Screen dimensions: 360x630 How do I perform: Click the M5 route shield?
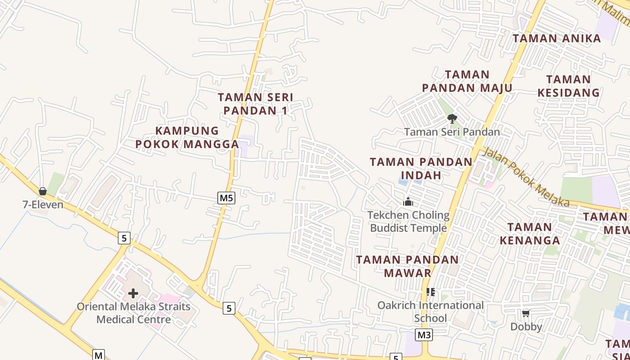226,198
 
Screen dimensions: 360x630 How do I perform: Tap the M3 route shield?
424,335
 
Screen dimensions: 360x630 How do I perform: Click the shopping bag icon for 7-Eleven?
43,191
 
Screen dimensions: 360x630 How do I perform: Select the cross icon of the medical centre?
133,293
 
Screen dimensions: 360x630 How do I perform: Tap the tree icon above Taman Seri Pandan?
452,119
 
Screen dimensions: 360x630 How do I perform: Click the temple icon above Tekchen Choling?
408,202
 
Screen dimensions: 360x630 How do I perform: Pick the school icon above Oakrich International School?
431,292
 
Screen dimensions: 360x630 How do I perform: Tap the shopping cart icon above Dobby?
526,313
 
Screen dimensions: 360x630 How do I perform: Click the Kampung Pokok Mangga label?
187,137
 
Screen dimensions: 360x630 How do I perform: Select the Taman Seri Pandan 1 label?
255,103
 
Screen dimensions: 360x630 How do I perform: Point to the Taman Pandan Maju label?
467,81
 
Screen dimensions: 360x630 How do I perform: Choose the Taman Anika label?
557,38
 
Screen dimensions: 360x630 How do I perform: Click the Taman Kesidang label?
568,86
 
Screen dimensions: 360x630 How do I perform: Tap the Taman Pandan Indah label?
421,168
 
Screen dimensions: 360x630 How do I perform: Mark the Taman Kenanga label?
530,233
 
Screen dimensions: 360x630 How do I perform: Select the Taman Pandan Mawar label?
407,266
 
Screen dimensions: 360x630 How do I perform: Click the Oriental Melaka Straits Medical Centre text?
134,313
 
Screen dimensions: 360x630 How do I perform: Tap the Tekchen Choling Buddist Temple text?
408,221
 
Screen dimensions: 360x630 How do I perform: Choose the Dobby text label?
526,326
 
